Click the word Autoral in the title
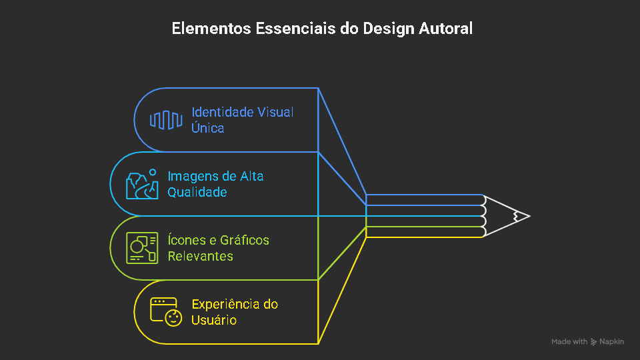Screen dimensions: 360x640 click(446, 29)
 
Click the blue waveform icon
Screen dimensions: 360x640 click(166, 120)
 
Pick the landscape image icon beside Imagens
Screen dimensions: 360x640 click(142, 184)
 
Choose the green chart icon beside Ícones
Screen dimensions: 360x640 click(142, 248)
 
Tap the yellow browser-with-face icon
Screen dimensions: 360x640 click(166, 311)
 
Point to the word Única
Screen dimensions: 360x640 click(207, 128)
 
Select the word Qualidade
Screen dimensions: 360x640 click(197, 192)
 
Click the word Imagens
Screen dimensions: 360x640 click(193, 176)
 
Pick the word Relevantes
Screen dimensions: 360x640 click(200, 256)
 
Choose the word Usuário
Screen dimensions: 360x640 click(214, 320)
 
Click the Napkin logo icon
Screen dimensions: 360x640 click(594, 342)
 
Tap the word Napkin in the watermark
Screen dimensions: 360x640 click(611, 342)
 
